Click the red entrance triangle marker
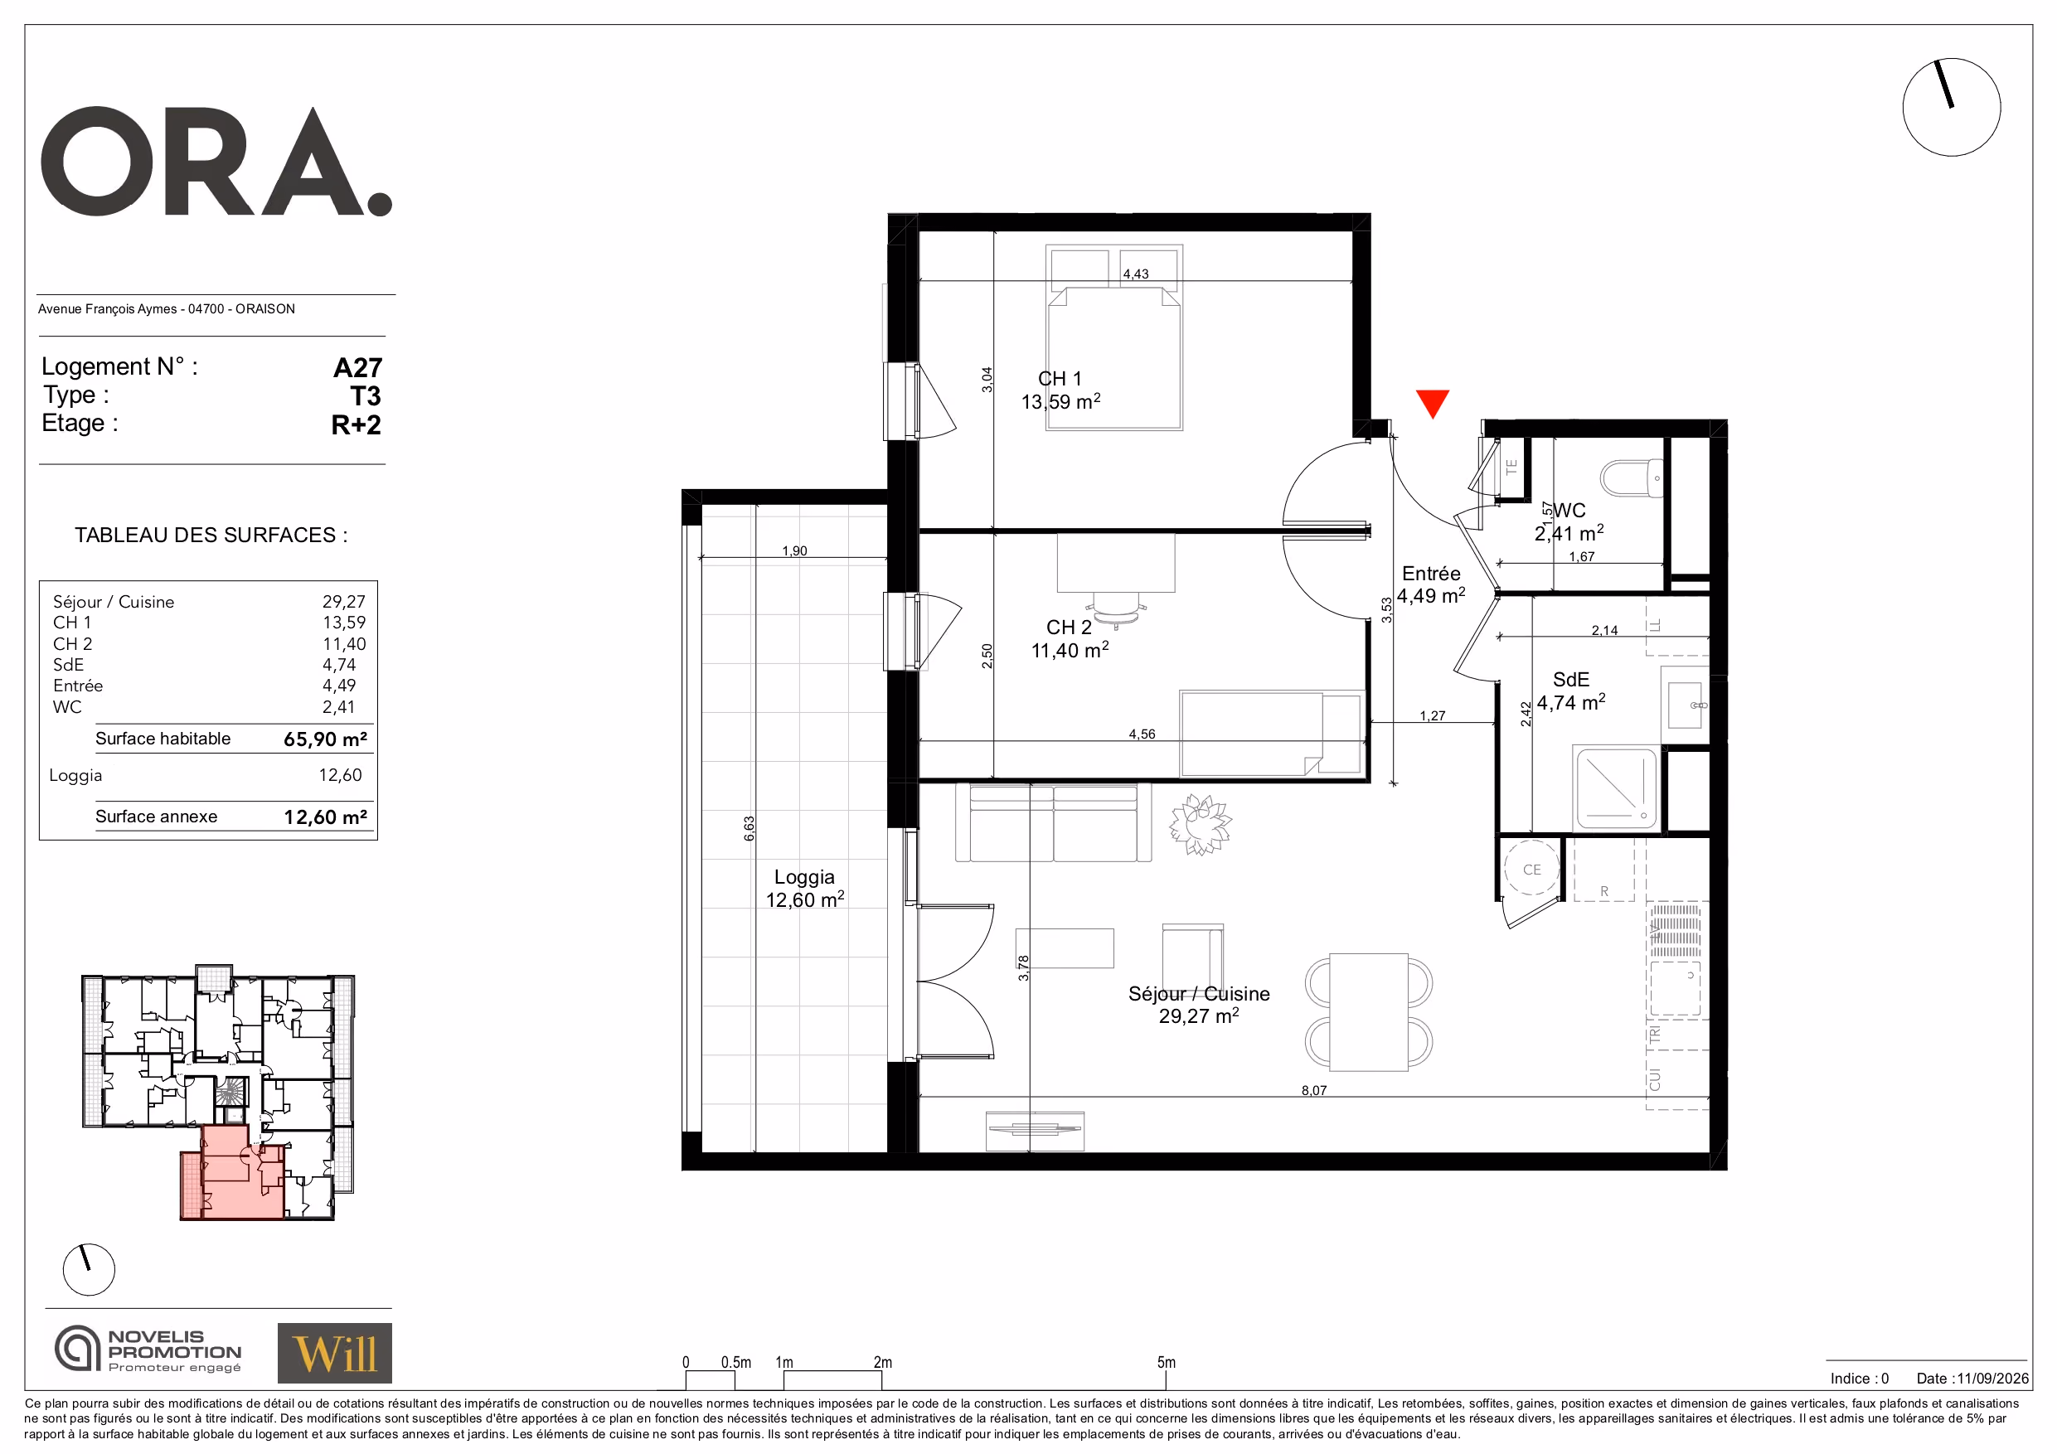pyautogui.click(x=1433, y=403)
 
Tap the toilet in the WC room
pyautogui.click(x=1632, y=478)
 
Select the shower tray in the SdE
pyautogui.click(x=1615, y=788)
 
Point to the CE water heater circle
pyautogui.click(x=1532, y=868)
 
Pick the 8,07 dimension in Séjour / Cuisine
pyautogui.click(x=1313, y=1090)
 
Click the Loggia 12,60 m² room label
pyautogui.click(x=804, y=889)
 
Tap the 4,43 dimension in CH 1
pyautogui.click(x=1135, y=274)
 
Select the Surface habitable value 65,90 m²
pyautogui.click(x=325, y=739)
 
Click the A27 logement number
pyautogui.click(x=357, y=367)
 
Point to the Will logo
pyautogui.click(x=334, y=1353)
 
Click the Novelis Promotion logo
pyautogui.click(x=148, y=1350)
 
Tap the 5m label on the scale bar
pyautogui.click(x=1166, y=1362)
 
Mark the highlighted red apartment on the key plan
pyautogui.click(x=234, y=1175)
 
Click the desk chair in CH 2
pyautogui.click(x=1116, y=607)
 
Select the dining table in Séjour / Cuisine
pyautogui.click(x=1368, y=1012)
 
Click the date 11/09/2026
pyautogui.click(x=1992, y=1379)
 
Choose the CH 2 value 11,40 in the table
pyautogui.click(x=344, y=644)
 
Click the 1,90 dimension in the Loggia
pyautogui.click(x=793, y=551)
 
